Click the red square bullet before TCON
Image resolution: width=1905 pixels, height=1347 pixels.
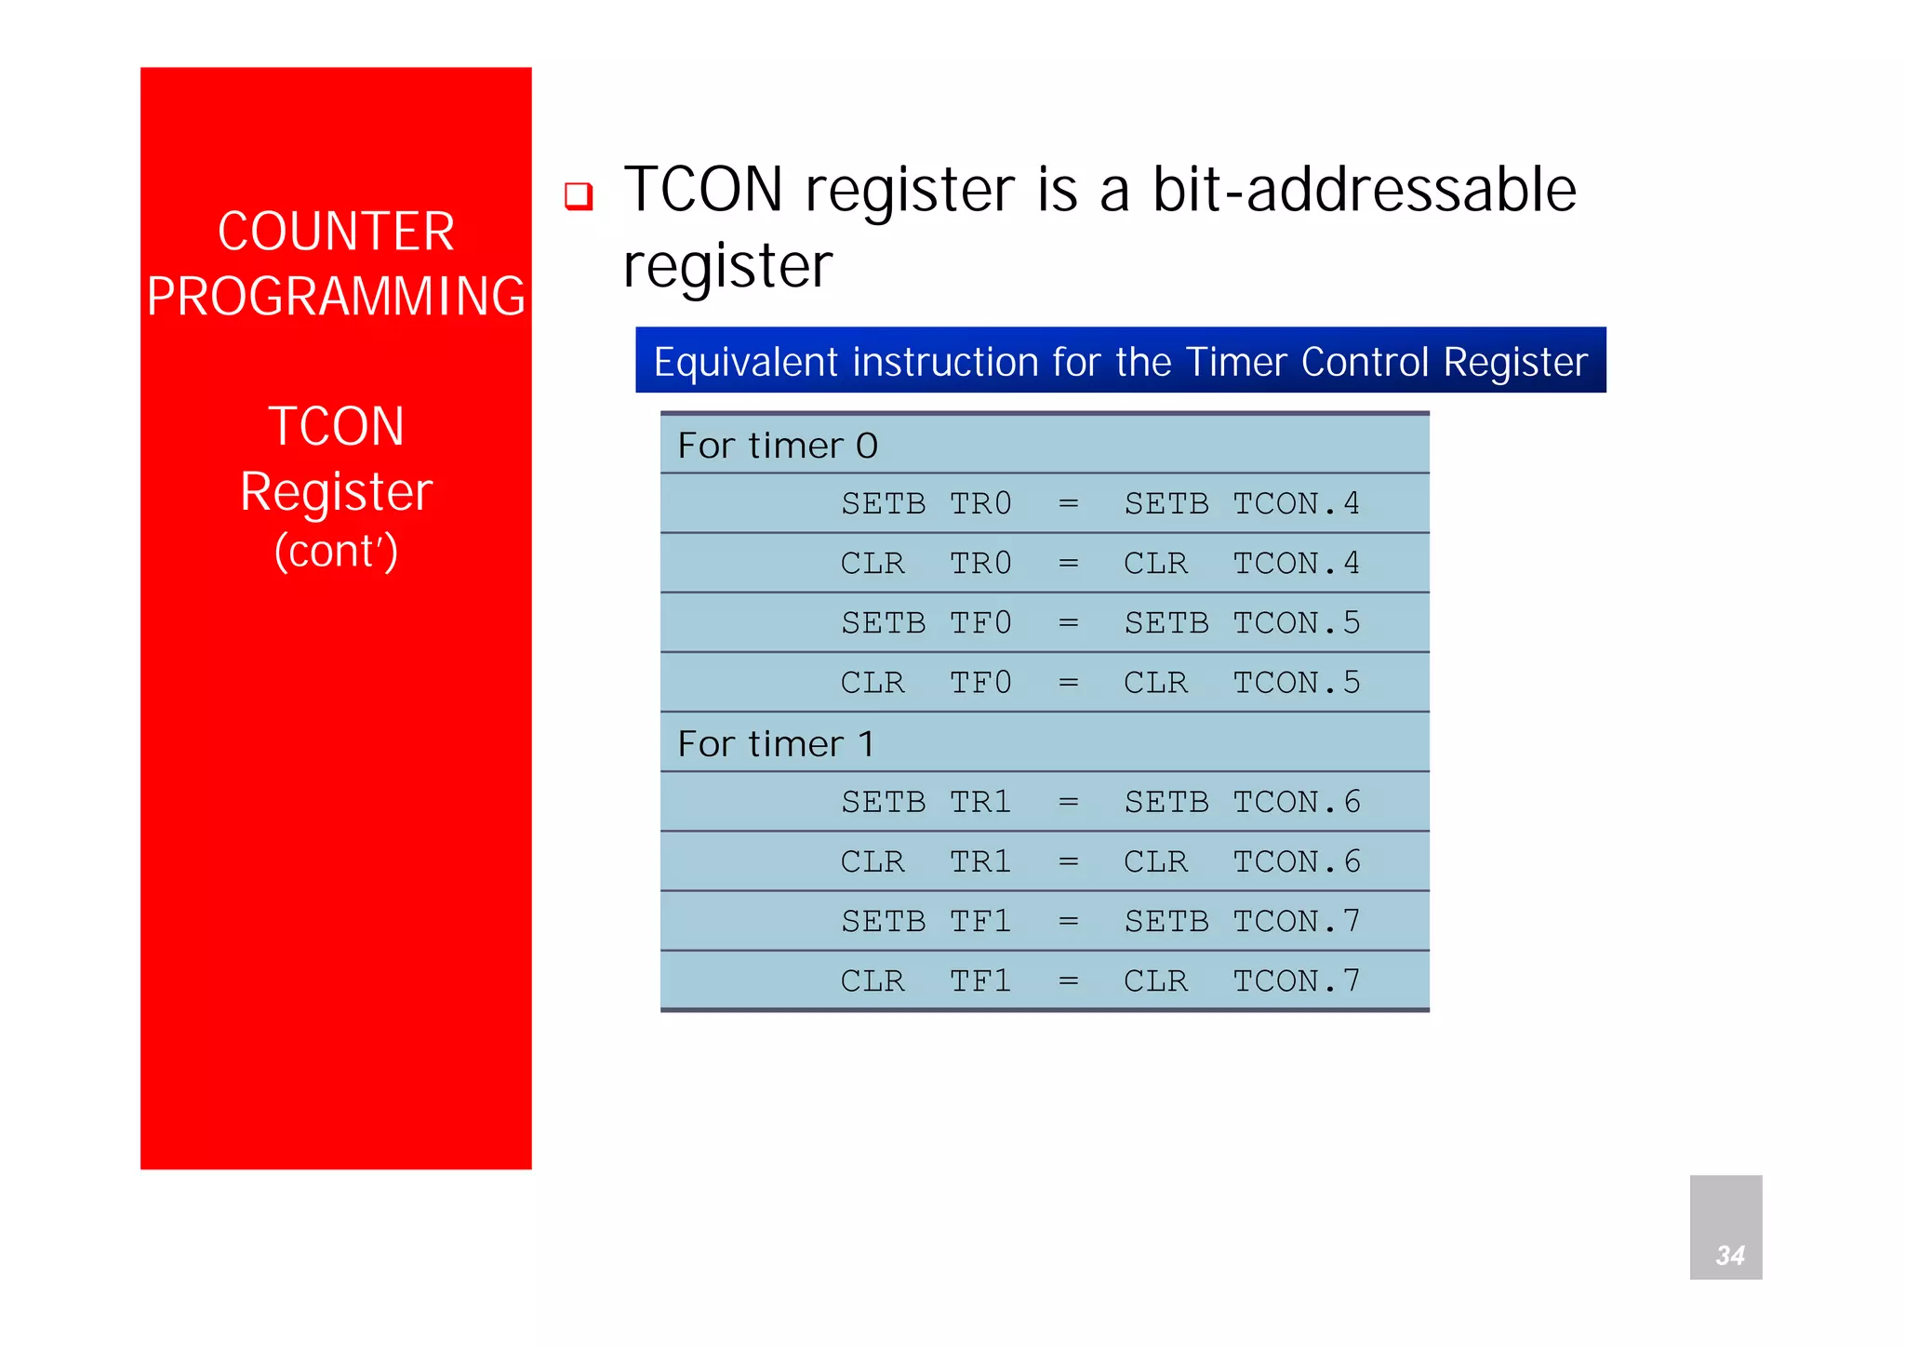pos(579,195)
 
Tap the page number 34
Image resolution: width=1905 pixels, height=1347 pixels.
pos(1729,1255)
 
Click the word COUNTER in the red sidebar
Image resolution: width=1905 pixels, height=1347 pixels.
pos(336,232)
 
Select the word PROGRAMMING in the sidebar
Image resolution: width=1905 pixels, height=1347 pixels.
pos(336,297)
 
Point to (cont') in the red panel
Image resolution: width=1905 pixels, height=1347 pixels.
pos(336,551)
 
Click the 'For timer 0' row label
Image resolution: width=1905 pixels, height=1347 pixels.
pos(778,446)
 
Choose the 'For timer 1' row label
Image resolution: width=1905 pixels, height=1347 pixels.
pos(776,744)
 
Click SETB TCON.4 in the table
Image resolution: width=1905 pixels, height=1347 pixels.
pos(1242,504)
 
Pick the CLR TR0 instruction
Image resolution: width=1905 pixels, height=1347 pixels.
pos(926,564)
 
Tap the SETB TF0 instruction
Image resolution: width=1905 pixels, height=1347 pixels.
pos(926,623)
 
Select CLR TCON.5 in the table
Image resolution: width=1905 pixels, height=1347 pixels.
pos(1242,683)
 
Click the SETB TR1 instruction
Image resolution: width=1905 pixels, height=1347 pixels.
pos(926,802)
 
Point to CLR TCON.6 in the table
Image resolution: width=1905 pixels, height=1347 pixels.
pos(1242,861)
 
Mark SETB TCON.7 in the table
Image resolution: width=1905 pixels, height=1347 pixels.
pos(1242,921)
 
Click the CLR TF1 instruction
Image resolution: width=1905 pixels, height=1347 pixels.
pos(926,980)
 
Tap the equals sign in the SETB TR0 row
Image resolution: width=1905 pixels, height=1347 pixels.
pos(1068,504)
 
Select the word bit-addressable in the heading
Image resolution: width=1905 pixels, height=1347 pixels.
pos(1364,190)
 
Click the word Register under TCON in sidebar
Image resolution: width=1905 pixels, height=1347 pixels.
pos(336,491)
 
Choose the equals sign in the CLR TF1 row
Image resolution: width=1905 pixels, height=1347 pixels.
pos(1068,980)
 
